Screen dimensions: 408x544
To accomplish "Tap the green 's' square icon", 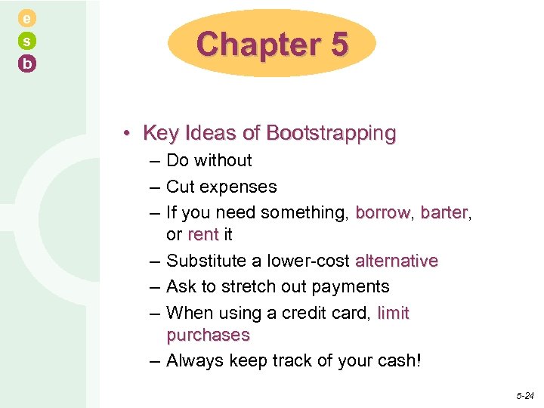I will tap(27, 42).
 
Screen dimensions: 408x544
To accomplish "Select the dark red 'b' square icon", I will tap(27, 64).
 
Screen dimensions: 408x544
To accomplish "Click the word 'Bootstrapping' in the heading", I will tap(331, 134).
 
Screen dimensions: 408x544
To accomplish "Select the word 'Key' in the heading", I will tap(160, 134).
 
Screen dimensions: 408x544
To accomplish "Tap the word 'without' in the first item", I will tap(224, 160).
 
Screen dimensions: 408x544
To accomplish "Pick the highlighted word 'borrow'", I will tap(383, 213).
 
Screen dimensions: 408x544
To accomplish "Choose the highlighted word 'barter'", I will tap(444, 213).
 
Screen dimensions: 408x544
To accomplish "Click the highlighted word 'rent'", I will tap(202, 235).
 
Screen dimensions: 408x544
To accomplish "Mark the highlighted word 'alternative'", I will tap(397, 261).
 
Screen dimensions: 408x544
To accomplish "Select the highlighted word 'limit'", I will tap(393, 313).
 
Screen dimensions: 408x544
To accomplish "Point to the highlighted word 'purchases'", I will tap(208, 335).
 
